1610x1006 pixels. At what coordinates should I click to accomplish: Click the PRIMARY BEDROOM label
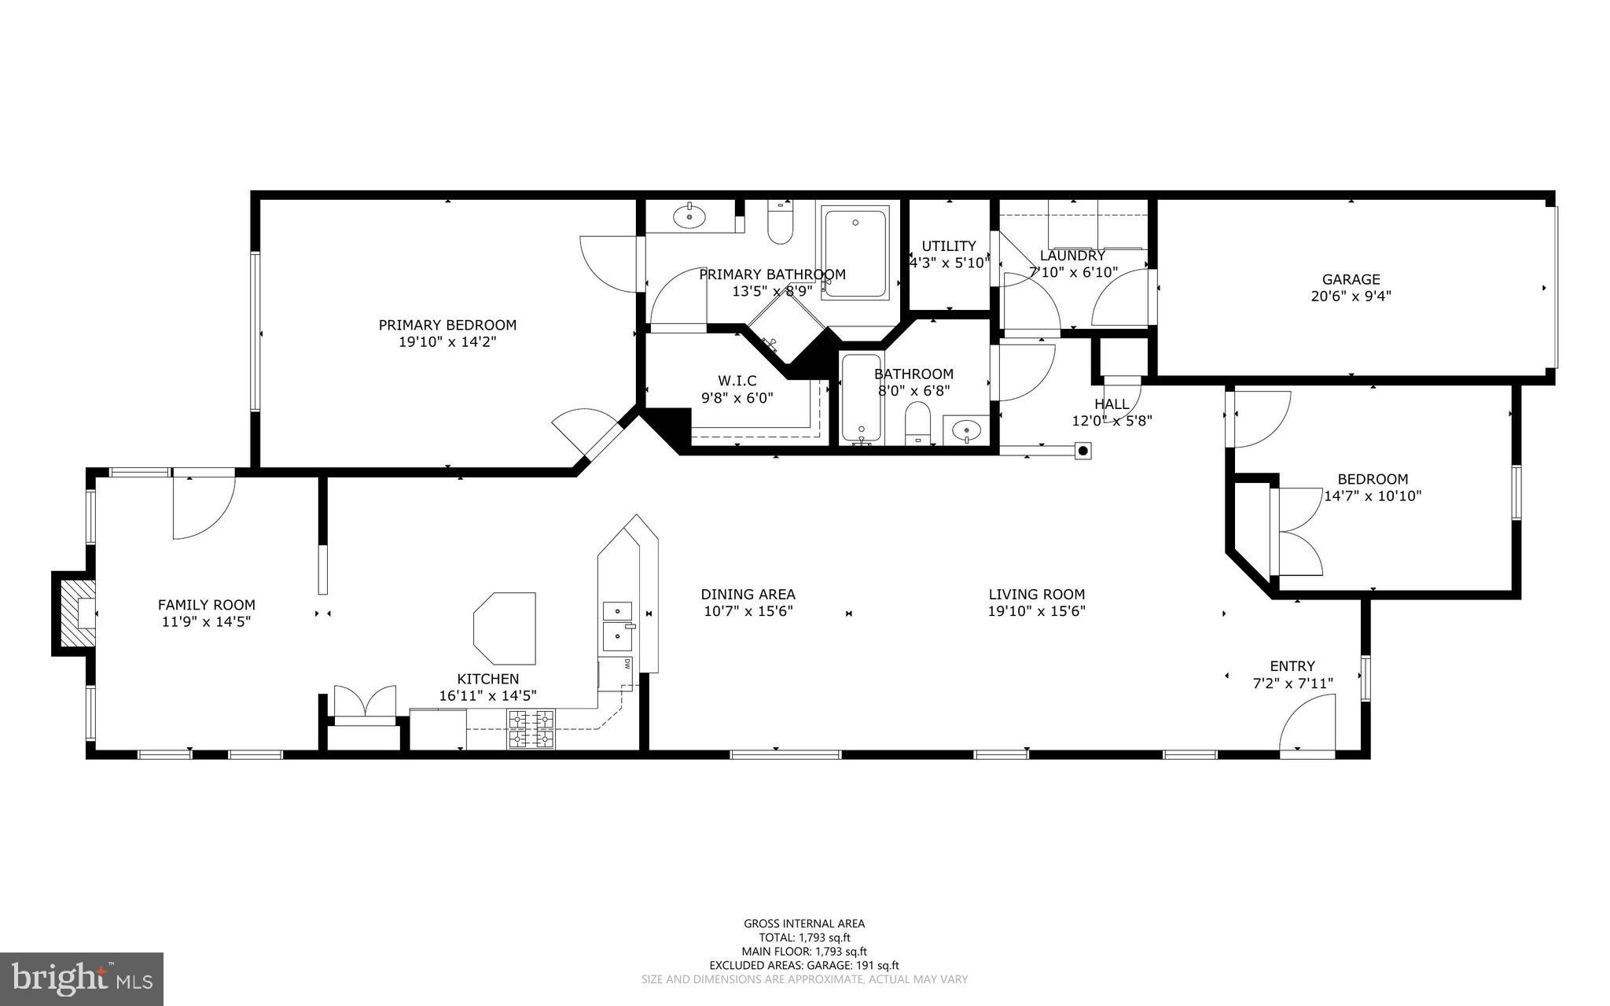[447, 325]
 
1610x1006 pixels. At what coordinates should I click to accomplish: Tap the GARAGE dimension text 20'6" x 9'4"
[1351, 297]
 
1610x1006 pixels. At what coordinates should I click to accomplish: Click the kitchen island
[505, 628]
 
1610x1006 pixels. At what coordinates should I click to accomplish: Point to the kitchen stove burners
[531, 729]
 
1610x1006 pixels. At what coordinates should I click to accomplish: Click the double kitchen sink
[618, 622]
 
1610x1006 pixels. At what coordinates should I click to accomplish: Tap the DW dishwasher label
[628, 664]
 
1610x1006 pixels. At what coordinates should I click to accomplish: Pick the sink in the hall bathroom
[966, 430]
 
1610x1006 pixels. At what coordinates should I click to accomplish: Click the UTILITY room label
[949, 246]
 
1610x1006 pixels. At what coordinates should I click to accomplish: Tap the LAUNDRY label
[1072, 256]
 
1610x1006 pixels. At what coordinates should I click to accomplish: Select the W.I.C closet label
[737, 381]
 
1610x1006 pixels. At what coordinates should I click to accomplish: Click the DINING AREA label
[748, 595]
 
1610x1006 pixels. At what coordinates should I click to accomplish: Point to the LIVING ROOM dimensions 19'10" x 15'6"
[1036, 611]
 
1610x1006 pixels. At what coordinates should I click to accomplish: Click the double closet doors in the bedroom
[1297, 532]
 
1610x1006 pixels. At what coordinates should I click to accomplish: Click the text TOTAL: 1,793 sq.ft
[804, 938]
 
